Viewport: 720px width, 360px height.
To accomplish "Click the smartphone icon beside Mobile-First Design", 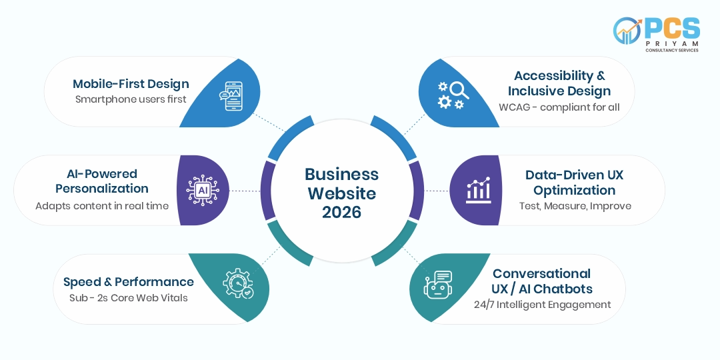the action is pos(231,96).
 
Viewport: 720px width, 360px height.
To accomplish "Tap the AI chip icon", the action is pos(203,190).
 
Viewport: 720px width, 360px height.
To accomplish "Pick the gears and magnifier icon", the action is pos(452,95).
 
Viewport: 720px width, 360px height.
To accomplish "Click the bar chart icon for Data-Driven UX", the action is pos(479,190).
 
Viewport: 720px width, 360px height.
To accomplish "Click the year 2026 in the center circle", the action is pos(341,213).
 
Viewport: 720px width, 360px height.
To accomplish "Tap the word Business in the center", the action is pos(341,174).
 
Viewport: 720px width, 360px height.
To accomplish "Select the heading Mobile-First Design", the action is pos(131,83).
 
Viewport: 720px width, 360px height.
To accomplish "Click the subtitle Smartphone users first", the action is pos(131,99).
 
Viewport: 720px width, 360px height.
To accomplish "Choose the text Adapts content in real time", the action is pos(102,206).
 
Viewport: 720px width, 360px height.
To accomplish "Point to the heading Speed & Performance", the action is pos(129,281).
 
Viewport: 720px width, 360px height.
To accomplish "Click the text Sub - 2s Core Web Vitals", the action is pos(129,297).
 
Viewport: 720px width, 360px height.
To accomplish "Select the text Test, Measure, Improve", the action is pos(575,206).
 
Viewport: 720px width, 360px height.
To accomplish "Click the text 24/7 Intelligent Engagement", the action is pos(542,305).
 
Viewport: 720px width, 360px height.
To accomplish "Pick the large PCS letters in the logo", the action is pos(672,29).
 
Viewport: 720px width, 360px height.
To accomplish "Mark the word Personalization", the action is pos(102,188).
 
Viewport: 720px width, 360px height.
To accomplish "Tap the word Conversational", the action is pos(542,274).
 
